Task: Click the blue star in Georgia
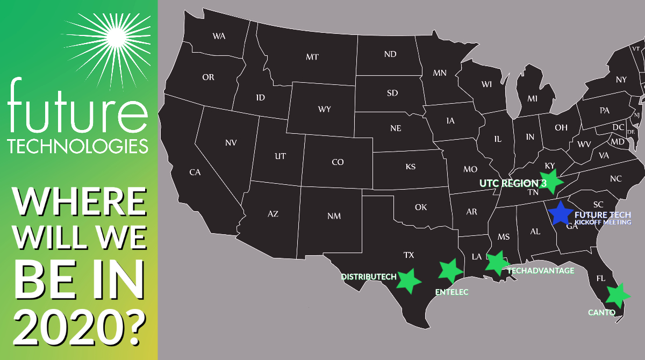click(560, 213)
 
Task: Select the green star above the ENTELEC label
click(450, 270)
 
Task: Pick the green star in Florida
click(617, 294)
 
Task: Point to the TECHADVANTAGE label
click(541, 271)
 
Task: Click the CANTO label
click(601, 313)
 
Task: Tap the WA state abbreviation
click(219, 37)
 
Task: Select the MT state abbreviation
click(312, 56)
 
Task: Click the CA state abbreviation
click(195, 172)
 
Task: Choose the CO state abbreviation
click(338, 162)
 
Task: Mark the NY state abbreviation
click(621, 80)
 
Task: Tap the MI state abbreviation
click(532, 99)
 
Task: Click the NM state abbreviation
click(334, 216)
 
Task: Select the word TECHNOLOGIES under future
click(78, 145)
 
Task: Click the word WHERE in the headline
click(79, 202)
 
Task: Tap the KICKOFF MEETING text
click(603, 222)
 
